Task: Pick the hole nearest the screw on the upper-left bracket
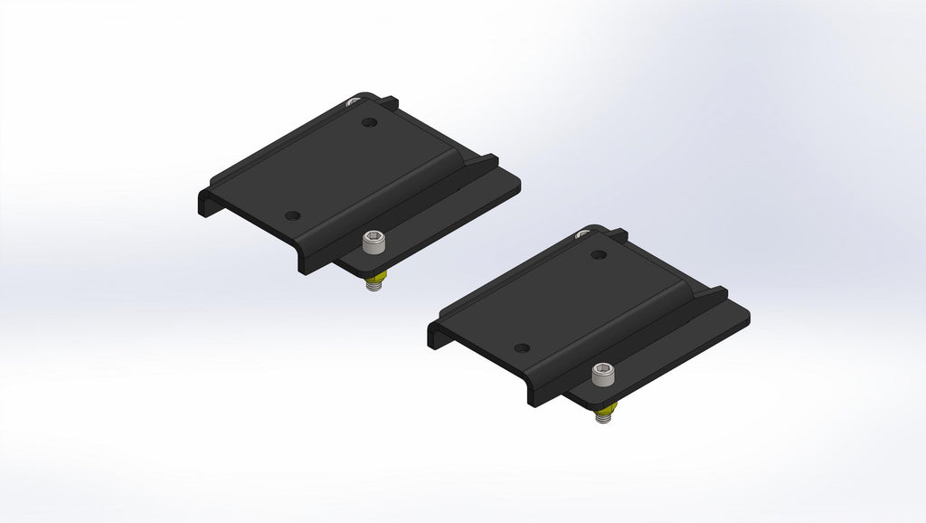coord(291,215)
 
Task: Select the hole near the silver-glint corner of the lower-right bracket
coord(597,254)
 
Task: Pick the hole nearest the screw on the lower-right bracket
coord(521,347)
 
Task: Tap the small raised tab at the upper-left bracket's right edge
coord(489,160)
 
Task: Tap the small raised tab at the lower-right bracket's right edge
coord(719,293)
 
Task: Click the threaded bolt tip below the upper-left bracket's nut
coord(372,287)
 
